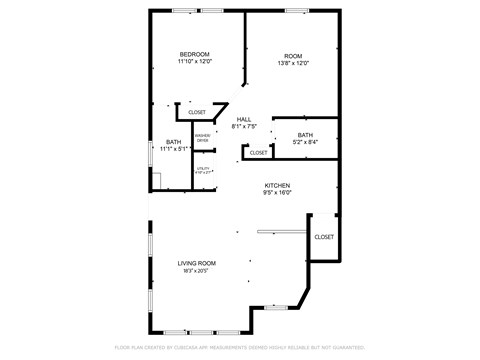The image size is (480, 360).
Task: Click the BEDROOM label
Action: [194, 54]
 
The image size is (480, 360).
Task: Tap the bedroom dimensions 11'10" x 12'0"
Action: [194, 62]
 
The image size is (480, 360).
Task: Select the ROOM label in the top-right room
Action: [293, 55]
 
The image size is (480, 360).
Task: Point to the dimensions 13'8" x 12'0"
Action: [293, 63]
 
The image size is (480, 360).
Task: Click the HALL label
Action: [244, 119]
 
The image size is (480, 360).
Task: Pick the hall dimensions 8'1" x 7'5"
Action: [244, 127]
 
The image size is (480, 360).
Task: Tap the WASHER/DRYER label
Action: [202, 138]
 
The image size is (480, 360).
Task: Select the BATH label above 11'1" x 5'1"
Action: [174, 142]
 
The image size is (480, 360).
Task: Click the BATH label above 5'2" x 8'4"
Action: [305, 135]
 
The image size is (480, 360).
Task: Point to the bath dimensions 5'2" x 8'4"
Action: [305, 143]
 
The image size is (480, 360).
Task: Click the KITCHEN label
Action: [277, 186]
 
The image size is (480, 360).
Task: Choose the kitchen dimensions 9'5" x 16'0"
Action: [277, 194]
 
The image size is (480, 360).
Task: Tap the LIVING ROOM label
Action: [197, 263]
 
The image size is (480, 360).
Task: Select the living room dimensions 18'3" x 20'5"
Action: [197, 271]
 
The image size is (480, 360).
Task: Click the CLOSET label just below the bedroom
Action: [197, 112]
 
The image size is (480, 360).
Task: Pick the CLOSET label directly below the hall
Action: [258, 153]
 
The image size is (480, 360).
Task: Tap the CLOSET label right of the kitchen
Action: [324, 237]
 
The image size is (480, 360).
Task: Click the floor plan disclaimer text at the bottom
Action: [240, 348]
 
